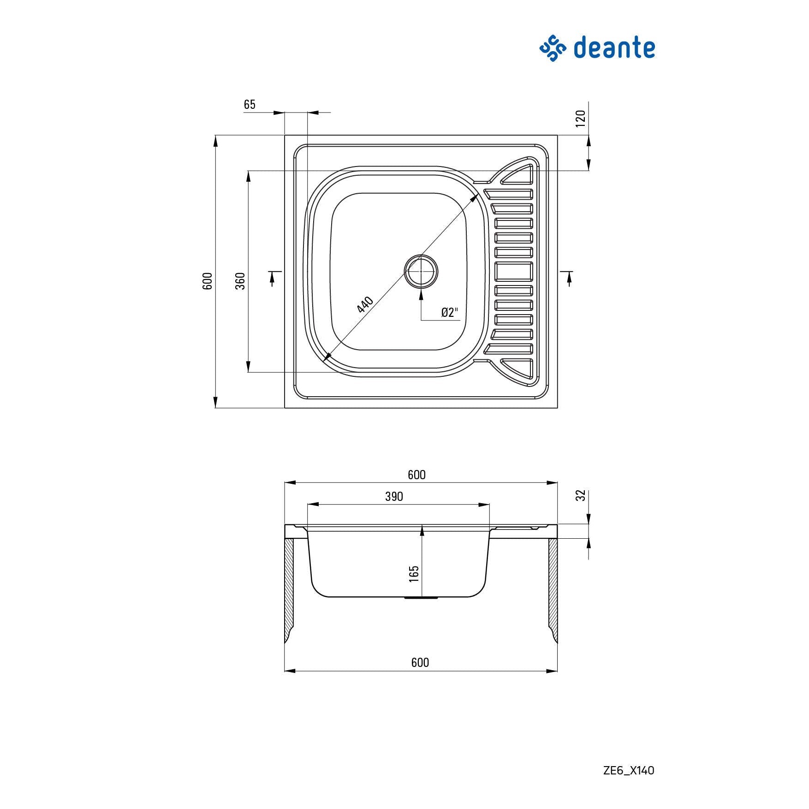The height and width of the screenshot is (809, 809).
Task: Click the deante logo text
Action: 614,48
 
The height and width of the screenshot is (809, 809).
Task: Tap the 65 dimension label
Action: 250,105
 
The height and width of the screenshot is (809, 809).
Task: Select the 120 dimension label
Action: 581,119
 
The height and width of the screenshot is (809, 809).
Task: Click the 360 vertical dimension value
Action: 240,281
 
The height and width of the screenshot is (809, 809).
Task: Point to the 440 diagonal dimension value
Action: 365,304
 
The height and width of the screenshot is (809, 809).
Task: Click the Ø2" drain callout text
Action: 450,312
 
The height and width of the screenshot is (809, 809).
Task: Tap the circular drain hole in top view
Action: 421,271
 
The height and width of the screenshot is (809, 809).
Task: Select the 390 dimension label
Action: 394,496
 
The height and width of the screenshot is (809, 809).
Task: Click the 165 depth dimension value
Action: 414,574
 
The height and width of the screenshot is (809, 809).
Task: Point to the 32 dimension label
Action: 581,495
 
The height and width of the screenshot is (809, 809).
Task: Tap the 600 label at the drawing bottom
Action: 420,662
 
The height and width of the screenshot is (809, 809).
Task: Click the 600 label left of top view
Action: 208,281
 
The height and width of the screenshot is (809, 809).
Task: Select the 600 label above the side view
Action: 416,475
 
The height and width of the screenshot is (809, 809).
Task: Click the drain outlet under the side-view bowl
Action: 421,598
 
